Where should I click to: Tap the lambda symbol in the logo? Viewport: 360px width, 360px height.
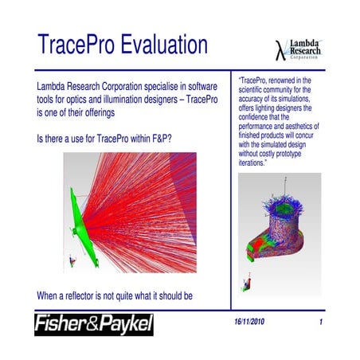pos(279,46)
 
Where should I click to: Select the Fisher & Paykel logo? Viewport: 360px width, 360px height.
pos(93,325)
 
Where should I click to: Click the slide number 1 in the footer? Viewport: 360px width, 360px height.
pos(319,323)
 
